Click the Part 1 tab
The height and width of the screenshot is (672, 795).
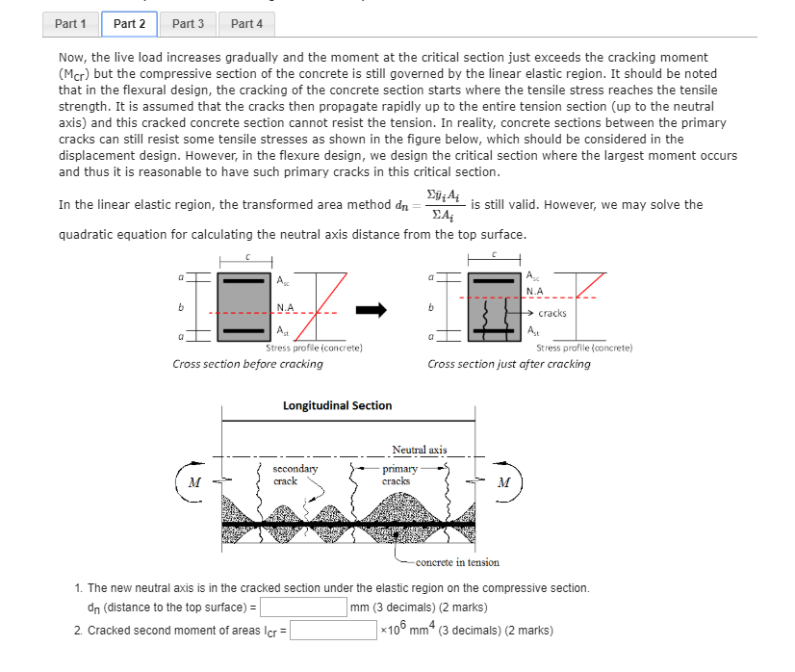point(70,23)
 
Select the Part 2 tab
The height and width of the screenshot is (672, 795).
point(129,23)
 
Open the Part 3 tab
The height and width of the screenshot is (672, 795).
point(188,23)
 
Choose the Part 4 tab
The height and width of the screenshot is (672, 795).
point(246,23)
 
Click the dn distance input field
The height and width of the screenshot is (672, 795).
point(303,607)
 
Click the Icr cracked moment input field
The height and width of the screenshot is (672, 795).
point(333,631)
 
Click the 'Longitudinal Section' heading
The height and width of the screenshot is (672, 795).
point(337,405)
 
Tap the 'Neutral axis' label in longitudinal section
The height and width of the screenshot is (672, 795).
point(419,450)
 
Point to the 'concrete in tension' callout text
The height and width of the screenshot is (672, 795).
point(457,562)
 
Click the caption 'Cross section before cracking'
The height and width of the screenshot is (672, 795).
point(247,364)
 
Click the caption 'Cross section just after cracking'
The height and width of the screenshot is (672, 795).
point(509,364)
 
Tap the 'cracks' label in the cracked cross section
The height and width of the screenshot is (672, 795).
point(551,313)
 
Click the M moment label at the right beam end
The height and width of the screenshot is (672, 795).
point(503,482)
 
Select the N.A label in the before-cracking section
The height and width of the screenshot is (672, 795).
point(286,308)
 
